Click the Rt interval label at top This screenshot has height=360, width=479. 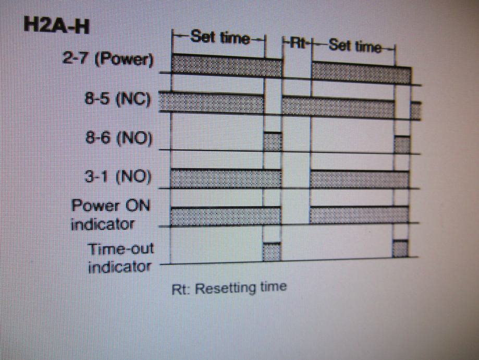tap(297, 44)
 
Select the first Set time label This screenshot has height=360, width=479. tap(219, 38)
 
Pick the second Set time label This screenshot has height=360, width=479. tap(354, 46)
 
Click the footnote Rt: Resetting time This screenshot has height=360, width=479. tap(229, 287)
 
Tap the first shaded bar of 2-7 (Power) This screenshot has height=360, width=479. tap(227, 64)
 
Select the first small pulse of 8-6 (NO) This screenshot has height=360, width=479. tap(273, 141)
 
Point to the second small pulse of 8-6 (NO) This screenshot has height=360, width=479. tap(402, 144)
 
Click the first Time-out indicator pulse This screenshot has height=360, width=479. tap(272, 251)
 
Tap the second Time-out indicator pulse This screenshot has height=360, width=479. tap(400, 248)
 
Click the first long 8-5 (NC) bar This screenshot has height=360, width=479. tap(211, 102)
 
